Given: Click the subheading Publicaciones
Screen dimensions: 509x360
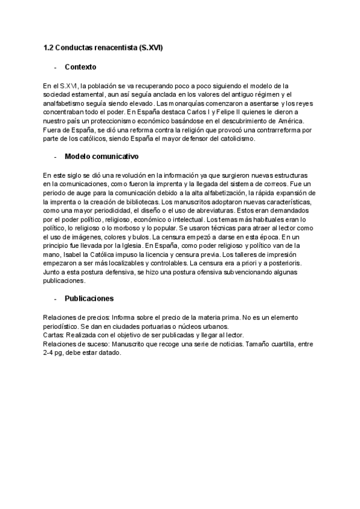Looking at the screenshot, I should (x=89, y=298).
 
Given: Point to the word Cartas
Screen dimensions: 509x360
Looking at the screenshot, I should (x=54, y=335).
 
